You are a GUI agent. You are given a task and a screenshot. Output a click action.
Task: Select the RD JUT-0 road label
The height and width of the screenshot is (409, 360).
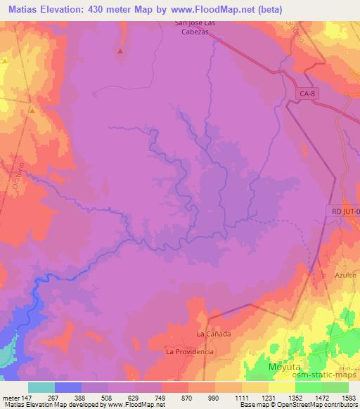[344, 210]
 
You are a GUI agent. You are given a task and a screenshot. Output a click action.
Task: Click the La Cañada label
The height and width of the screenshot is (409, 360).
[214, 334]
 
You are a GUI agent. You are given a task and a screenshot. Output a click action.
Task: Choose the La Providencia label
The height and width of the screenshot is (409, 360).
[189, 351]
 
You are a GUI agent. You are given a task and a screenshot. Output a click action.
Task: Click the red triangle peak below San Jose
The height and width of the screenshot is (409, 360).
[120, 51]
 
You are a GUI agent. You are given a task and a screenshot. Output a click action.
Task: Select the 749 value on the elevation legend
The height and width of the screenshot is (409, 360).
[160, 398]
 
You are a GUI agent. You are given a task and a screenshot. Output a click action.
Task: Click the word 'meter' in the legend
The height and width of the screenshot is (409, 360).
[11, 398]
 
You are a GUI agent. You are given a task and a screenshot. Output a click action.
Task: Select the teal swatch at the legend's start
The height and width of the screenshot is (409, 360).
[41, 387]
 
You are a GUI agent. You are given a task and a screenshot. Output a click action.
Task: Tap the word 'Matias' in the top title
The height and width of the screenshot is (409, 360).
[19, 9]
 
